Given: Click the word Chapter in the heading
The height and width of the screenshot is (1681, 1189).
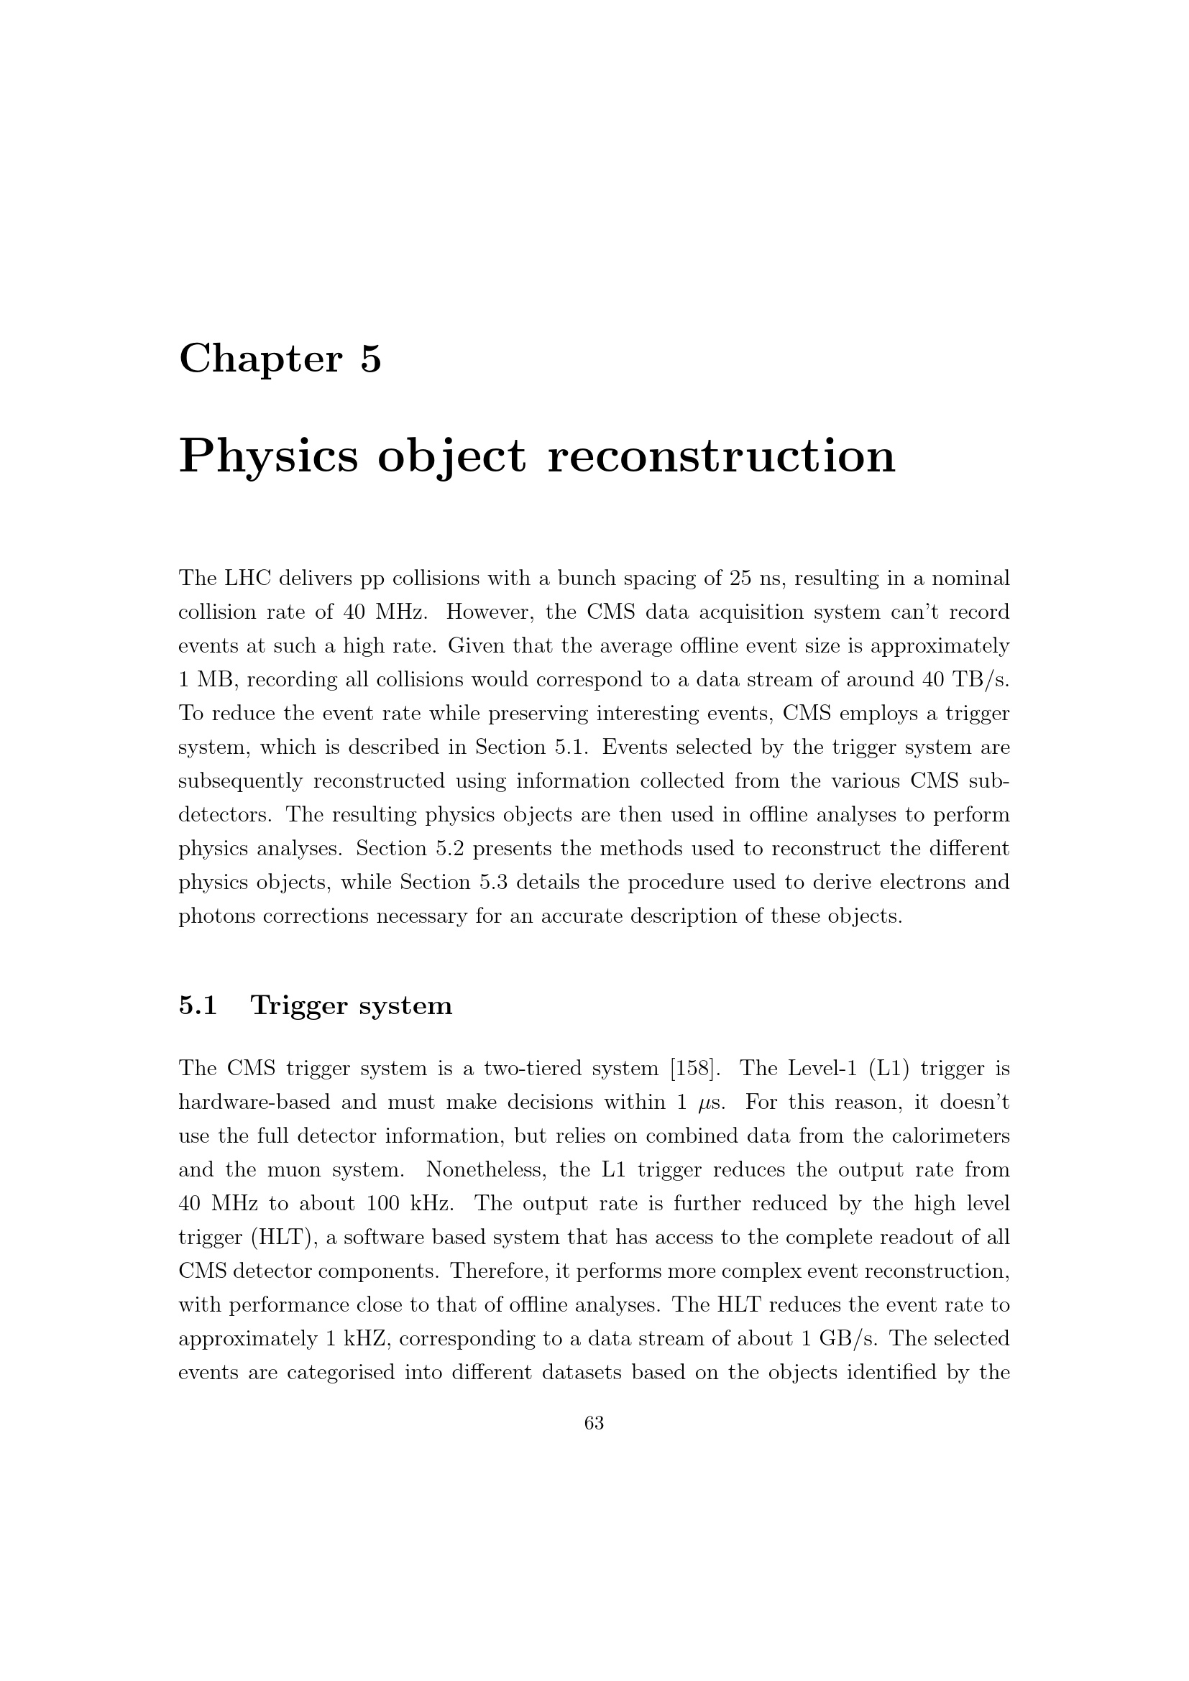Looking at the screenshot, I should click(260, 359).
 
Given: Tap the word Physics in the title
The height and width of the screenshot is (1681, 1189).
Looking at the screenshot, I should click(269, 456).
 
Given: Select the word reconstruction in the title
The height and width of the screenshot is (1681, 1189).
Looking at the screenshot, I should click(721, 456).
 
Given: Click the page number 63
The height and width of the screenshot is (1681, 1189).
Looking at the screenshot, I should click(594, 1423).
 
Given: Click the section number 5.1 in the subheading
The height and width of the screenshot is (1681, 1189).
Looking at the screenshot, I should click(198, 1005).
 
